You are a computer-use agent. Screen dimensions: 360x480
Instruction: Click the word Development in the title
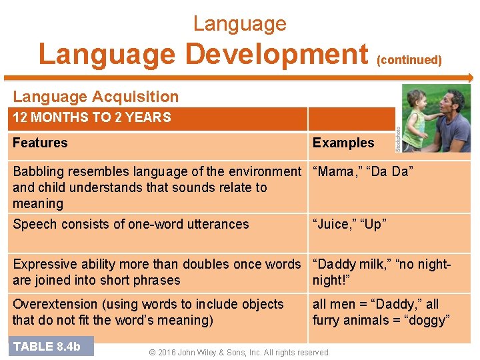click(x=277, y=54)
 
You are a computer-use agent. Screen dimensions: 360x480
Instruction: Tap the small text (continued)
click(x=409, y=60)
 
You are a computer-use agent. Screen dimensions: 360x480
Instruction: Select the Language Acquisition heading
click(x=96, y=97)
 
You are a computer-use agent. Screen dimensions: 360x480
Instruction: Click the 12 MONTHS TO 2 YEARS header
click(x=92, y=118)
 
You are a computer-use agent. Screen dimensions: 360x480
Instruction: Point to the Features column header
click(x=40, y=143)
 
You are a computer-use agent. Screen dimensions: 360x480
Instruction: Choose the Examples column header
click(x=343, y=143)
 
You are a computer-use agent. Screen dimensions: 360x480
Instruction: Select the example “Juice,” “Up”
click(x=349, y=225)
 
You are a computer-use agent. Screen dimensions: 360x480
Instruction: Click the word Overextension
click(x=55, y=304)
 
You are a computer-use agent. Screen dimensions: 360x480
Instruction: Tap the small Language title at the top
click(x=239, y=24)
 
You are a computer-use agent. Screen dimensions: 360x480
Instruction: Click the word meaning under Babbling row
click(x=38, y=204)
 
